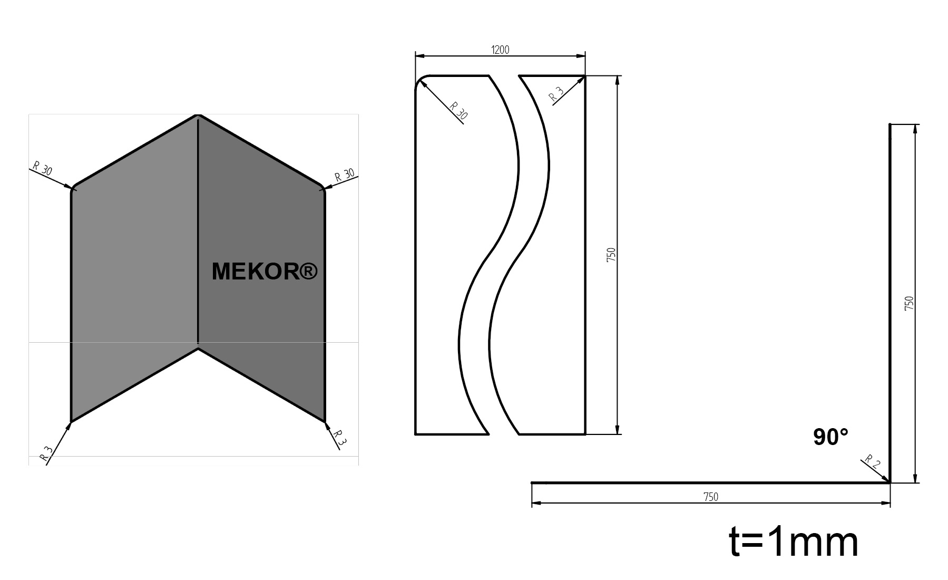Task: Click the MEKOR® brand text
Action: [265, 272]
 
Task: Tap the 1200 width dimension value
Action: [500, 50]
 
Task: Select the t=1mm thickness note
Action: [794, 543]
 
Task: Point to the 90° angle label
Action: [830, 438]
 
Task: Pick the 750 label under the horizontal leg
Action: [710, 497]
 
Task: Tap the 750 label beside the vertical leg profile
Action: [908, 303]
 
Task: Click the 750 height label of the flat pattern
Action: [611, 255]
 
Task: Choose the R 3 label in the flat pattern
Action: [556, 94]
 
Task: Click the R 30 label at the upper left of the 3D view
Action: [43, 169]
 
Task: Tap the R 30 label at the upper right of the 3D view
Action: [345, 175]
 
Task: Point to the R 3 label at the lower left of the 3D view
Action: [47, 453]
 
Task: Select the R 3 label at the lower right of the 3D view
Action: [340, 438]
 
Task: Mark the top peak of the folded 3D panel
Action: [198, 115]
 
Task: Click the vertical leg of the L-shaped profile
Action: [890, 303]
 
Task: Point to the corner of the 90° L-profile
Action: [889, 481]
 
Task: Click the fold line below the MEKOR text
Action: [198, 316]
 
